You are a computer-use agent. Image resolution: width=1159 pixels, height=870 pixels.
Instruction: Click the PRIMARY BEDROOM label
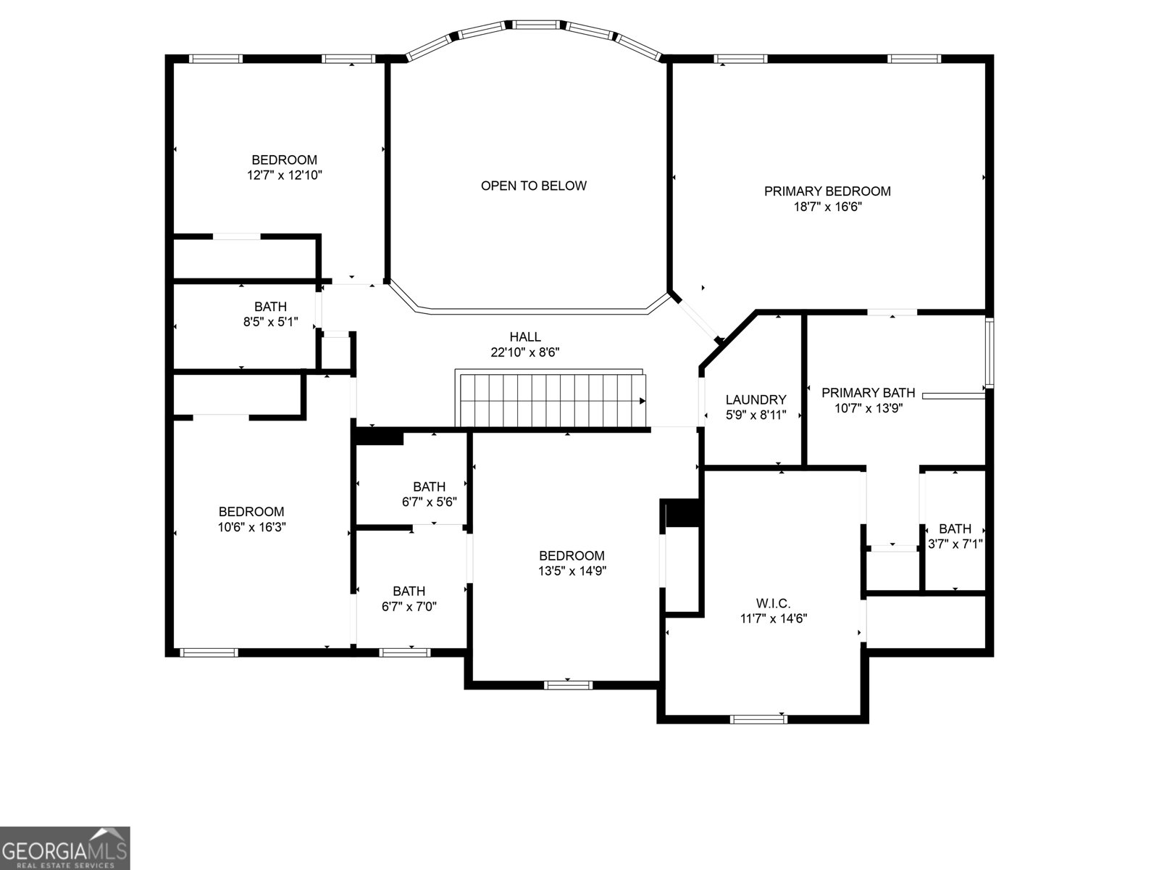[827, 191]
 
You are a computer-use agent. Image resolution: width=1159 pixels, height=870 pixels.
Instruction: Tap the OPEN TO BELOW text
[534, 186]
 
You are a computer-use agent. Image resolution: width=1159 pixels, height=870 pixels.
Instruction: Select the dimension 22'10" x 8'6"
[525, 352]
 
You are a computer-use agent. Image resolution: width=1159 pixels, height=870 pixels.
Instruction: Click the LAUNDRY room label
[756, 399]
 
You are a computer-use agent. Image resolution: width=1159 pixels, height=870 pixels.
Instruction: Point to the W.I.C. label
[773, 603]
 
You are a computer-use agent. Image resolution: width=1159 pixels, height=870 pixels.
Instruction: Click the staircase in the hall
[551, 400]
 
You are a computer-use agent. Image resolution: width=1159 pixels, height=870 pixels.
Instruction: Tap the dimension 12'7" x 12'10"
[284, 175]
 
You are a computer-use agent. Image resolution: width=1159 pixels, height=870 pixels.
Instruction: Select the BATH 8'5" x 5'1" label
[270, 307]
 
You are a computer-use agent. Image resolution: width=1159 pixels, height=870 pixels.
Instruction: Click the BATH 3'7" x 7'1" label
[955, 529]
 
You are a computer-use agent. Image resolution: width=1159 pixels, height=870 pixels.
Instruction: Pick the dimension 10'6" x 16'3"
[252, 527]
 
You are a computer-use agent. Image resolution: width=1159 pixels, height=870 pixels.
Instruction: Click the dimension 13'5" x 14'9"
[572, 571]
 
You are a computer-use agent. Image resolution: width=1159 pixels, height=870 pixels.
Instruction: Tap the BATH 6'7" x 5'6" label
[429, 486]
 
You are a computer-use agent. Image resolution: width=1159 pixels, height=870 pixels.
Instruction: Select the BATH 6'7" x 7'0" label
[409, 591]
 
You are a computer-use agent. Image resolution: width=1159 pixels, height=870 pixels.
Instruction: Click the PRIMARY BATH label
[868, 393]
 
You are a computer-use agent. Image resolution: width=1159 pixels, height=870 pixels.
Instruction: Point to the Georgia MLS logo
[64, 848]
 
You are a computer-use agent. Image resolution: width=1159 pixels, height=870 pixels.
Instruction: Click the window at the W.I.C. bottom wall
[758, 719]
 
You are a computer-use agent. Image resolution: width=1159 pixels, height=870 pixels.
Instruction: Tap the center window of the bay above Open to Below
[536, 25]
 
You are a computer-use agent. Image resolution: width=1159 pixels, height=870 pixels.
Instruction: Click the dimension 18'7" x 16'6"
[827, 207]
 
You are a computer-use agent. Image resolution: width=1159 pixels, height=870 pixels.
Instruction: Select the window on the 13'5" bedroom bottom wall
[568, 684]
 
